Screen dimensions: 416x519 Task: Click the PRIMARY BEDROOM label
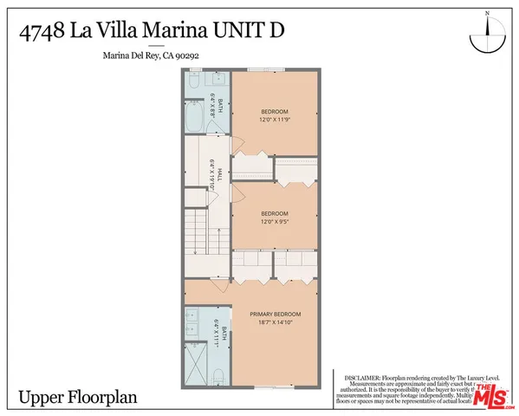click(x=275, y=313)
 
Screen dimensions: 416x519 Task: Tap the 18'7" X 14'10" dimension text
click(x=275, y=322)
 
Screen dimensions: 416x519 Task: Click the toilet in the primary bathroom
click(x=218, y=375)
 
